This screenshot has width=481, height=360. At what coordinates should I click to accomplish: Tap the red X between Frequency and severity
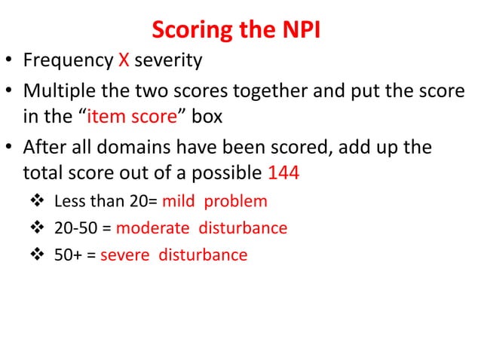[125, 60]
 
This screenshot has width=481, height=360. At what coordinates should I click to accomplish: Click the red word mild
[180, 201]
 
